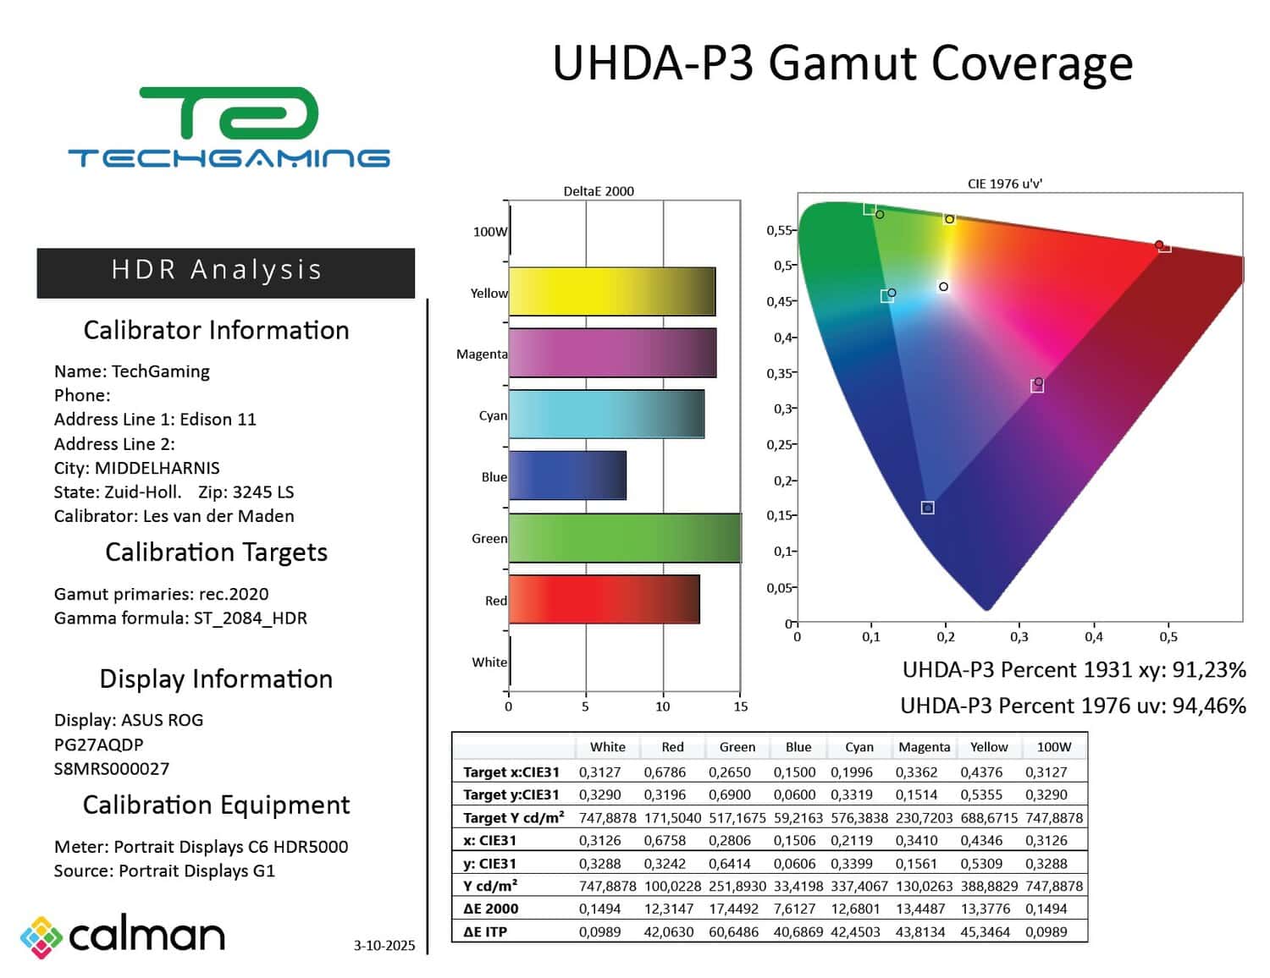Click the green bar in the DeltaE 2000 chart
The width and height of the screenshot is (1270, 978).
coord(625,538)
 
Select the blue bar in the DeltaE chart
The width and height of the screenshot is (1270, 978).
coord(567,475)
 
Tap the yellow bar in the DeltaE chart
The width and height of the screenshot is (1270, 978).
coord(612,291)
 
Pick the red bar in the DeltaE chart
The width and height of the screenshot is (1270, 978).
coord(605,599)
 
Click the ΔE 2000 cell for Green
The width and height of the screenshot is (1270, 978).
coord(733,909)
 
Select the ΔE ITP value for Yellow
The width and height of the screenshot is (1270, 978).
coord(985,931)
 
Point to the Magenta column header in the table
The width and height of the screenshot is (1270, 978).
coord(924,747)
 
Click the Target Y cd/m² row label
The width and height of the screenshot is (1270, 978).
coord(513,817)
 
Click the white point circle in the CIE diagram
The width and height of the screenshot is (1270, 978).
coord(943,287)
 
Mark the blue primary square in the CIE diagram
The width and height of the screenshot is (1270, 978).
coord(927,508)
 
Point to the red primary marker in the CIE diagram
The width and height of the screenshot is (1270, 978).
coord(1159,244)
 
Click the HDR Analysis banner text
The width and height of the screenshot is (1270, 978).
coord(217,270)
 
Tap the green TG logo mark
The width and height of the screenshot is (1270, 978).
coord(229,113)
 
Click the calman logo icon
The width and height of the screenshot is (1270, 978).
coord(41,937)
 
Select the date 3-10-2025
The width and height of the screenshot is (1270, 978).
coord(384,945)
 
